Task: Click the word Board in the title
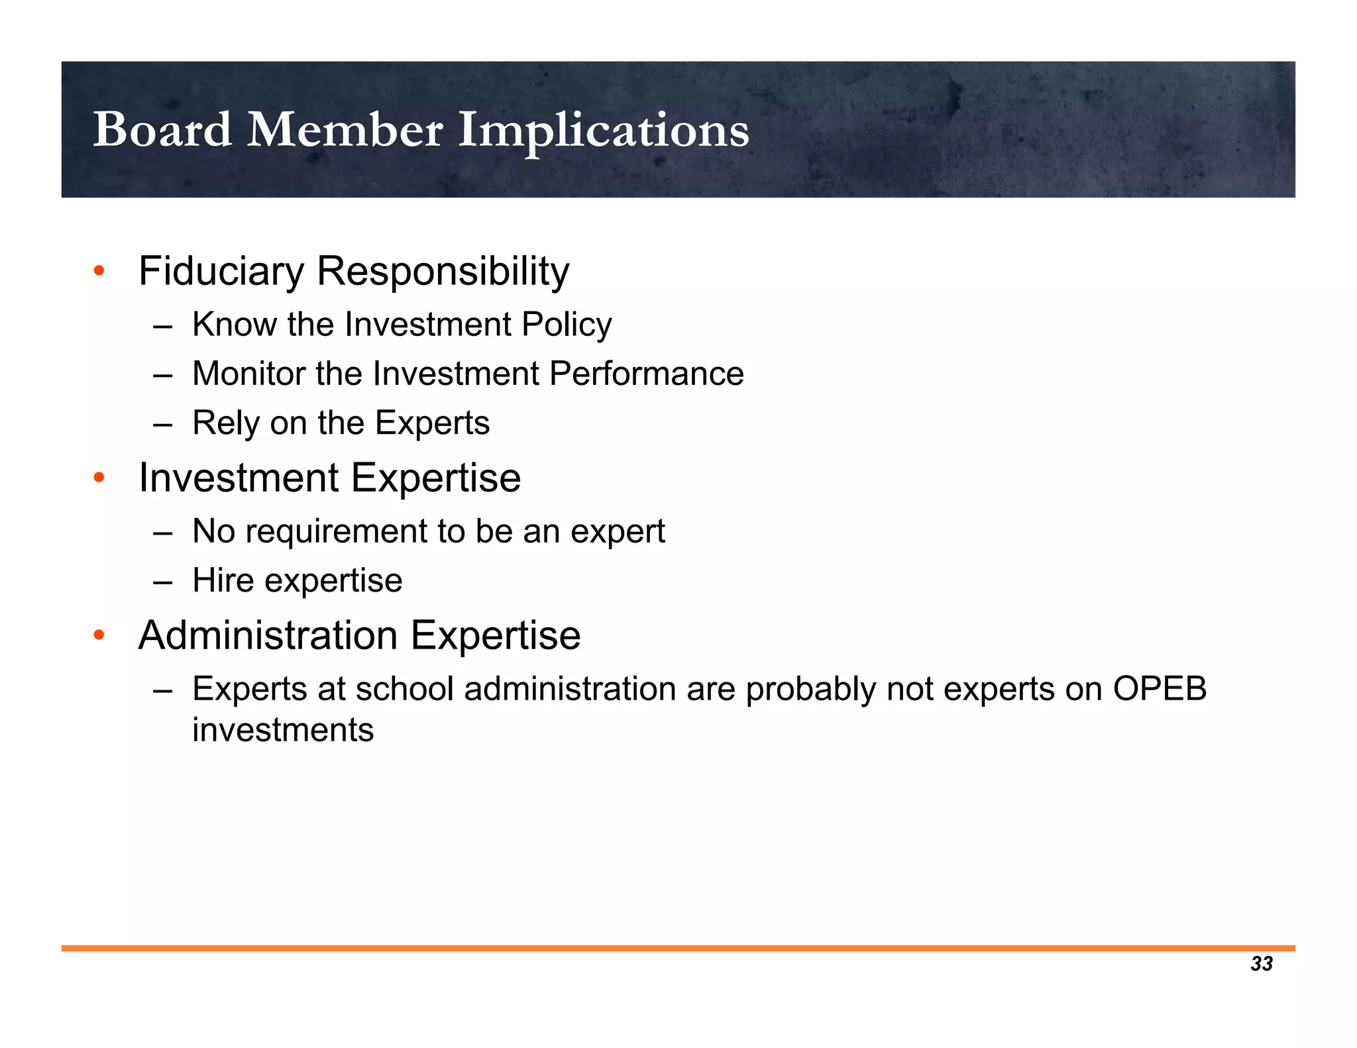(x=162, y=130)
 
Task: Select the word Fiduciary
(x=221, y=271)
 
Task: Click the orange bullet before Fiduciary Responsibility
(x=99, y=271)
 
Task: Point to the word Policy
(x=567, y=325)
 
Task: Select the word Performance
(x=647, y=374)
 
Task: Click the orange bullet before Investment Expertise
(x=99, y=478)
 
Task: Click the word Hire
(x=223, y=581)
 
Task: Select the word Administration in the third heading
(x=268, y=635)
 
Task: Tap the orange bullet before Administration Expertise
(x=99, y=636)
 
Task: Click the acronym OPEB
(x=1160, y=689)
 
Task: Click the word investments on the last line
(x=283, y=730)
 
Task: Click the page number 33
(x=1262, y=964)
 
